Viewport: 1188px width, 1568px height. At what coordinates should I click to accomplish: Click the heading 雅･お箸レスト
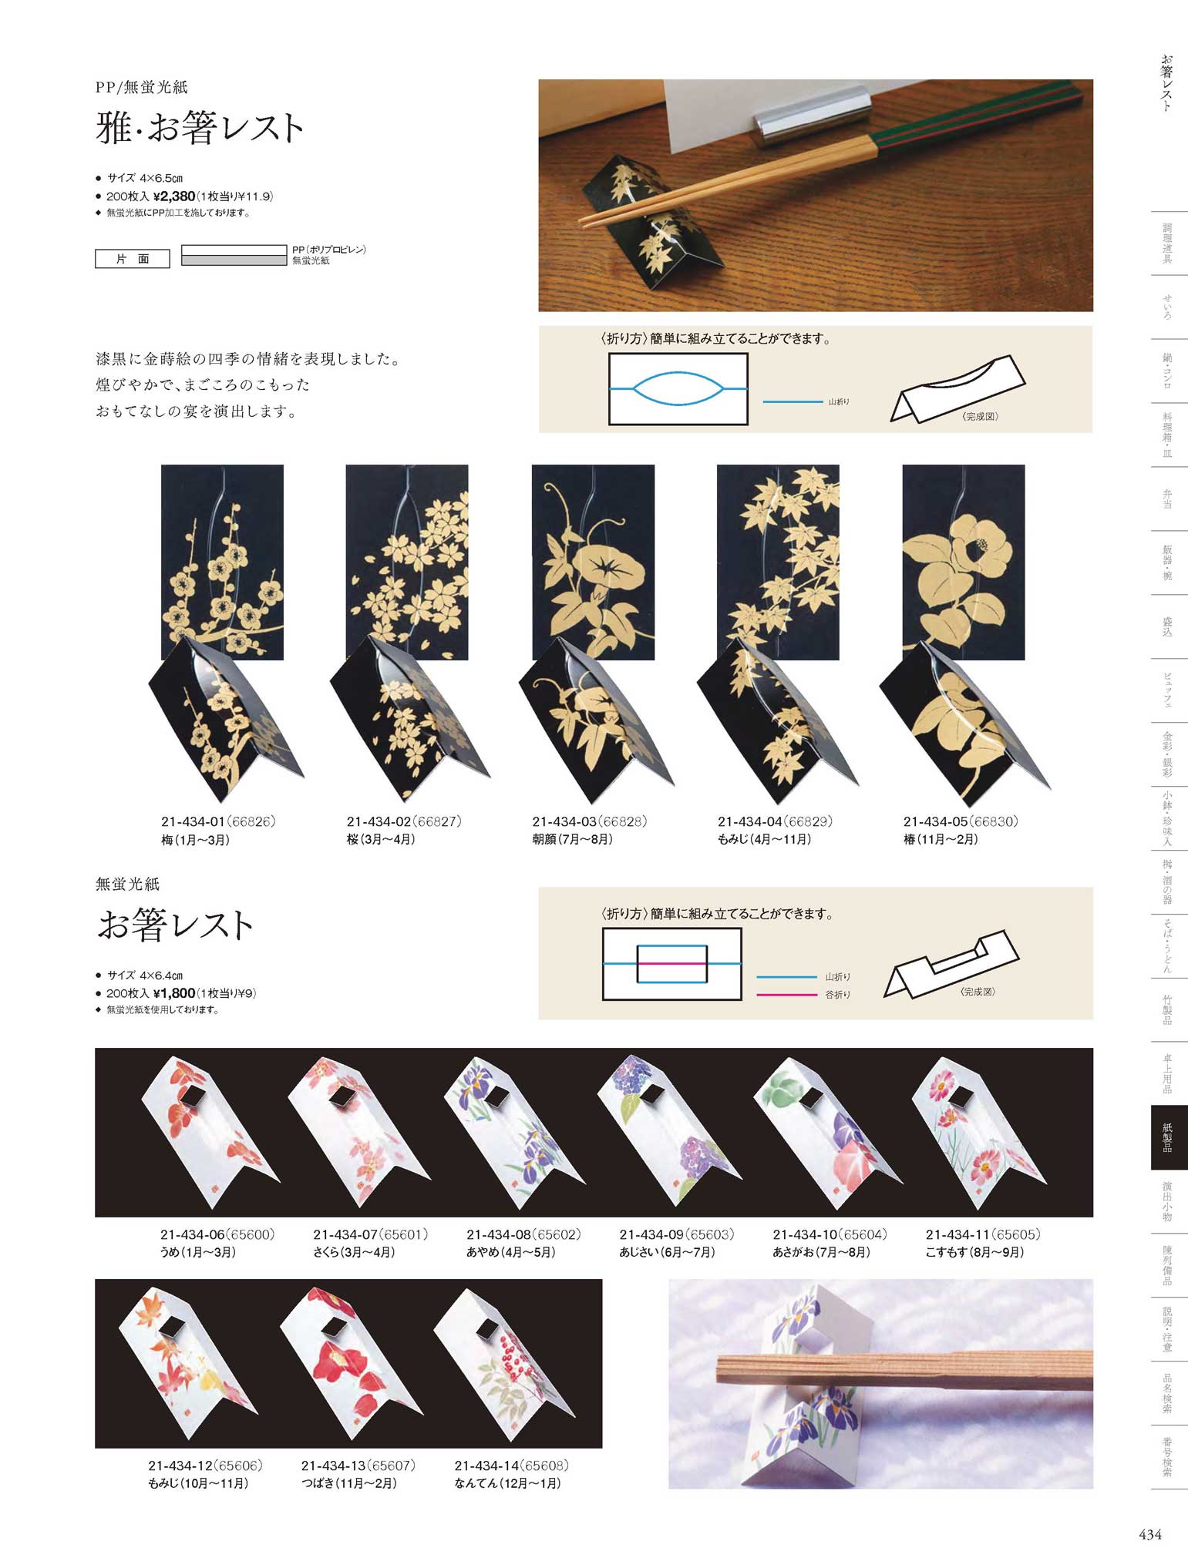click(x=200, y=127)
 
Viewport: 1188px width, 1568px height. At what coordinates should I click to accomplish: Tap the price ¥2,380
click(x=174, y=196)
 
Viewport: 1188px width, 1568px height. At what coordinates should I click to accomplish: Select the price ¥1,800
click(x=174, y=993)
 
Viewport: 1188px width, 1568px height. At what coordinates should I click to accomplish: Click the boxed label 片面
click(x=133, y=259)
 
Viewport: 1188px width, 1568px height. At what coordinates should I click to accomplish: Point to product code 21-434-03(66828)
click(x=590, y=821)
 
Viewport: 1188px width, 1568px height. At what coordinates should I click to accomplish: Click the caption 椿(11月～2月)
click(x=941, y=839)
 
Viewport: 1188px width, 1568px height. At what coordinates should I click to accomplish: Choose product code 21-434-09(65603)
click(x=677, y=1234)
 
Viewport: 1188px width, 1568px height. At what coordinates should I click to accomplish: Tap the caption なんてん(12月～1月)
click(x=507, y=1483)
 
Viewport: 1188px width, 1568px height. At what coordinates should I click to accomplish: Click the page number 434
click(x=1150, y=1534)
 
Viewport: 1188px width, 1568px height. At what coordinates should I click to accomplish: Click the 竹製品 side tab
click(x=1169, y=1009)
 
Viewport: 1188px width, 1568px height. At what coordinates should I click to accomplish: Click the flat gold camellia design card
click(x=964, y=562)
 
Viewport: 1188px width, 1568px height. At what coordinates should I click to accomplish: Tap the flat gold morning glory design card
click(x=593, y=562)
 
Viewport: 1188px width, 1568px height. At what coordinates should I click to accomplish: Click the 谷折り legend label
click(x=838, y=995)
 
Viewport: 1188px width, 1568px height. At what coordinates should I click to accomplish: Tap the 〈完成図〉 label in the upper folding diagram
click(x=981, y=416)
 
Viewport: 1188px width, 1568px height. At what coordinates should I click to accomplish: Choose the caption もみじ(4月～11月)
click(x=764, y=839)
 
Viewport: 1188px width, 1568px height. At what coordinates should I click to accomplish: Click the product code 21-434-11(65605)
click(x=983, y=1234)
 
